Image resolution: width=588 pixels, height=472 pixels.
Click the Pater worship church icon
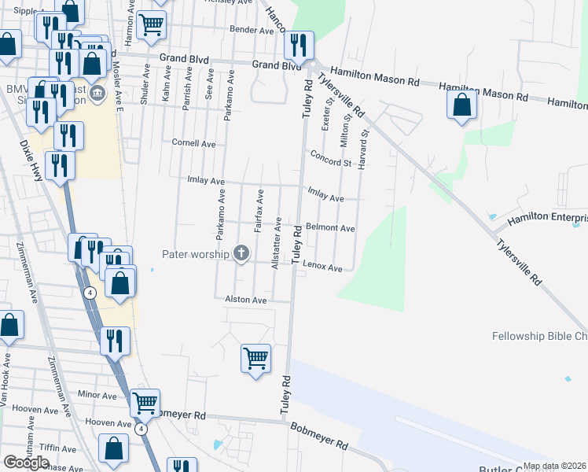coord(241,253)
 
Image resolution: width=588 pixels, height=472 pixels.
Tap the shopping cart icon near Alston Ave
coord(256,359)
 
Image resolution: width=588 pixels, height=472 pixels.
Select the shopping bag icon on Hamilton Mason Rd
coord(462,105)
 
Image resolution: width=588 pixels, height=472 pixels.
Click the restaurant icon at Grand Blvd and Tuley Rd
coord(299,45)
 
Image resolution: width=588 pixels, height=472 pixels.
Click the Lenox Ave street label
coord(322,267)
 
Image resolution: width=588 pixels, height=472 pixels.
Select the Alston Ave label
coord(246,300)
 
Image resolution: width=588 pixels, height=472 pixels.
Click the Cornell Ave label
coord(193,144)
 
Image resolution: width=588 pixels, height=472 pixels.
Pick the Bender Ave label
coord(251,30)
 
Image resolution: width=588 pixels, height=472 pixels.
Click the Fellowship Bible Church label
coord(539,336)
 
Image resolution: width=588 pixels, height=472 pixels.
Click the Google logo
coord(26,462)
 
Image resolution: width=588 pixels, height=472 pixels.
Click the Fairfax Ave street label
coord(258,209)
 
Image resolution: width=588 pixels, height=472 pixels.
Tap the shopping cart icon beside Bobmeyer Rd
coord(145,403)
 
